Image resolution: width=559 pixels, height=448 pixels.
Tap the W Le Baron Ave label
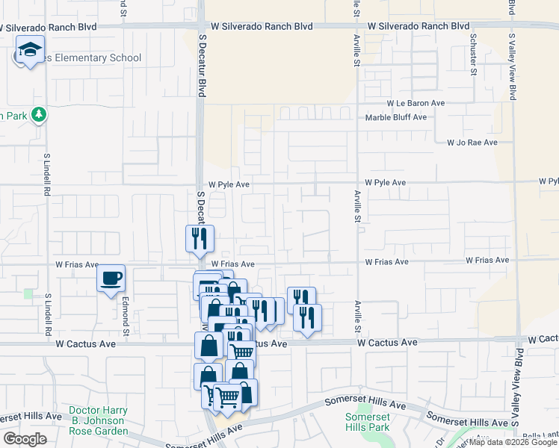(416, 103)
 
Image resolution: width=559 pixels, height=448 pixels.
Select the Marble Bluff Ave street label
(395, 117)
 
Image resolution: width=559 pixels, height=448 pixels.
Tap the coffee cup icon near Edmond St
(111, 279)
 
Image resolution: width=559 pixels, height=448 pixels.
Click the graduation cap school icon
(28, 51)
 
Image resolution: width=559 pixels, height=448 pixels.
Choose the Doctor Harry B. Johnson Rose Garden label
(98, 421)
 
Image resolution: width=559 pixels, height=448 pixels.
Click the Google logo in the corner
(25, 439)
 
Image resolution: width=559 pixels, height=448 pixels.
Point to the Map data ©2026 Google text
(513, 443)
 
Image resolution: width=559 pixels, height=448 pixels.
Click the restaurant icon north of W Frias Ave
(200, 238)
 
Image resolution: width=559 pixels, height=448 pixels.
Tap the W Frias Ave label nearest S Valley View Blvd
(487, 261)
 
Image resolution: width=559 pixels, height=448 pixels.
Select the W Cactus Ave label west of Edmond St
(85, 343)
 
